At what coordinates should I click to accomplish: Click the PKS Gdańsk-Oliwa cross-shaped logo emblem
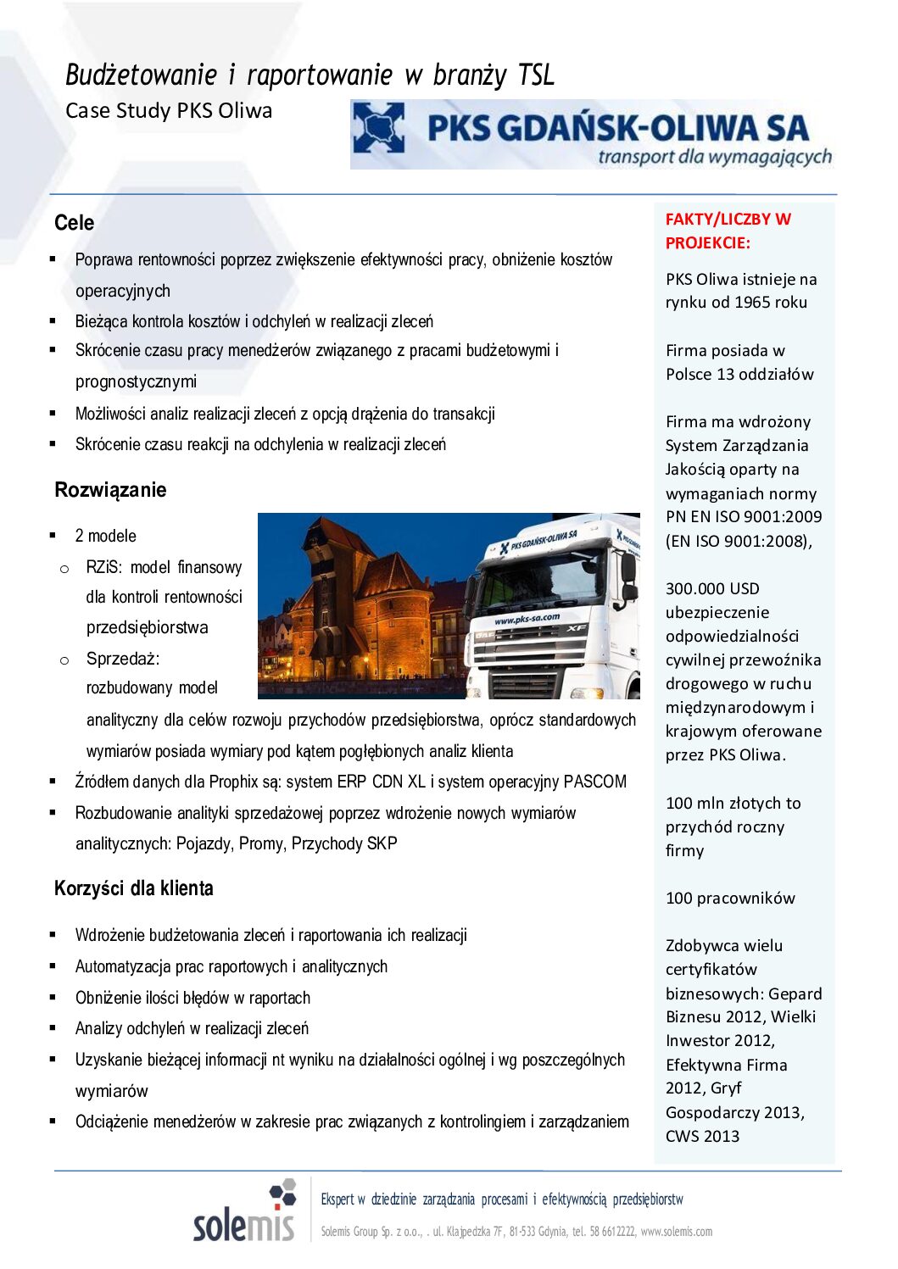(378, 128)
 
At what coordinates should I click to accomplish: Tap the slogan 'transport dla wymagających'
(714, 157)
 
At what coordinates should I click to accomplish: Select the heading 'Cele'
(74, 223)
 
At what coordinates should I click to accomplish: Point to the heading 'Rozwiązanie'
(110, 490)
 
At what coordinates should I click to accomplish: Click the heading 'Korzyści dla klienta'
(133, 888)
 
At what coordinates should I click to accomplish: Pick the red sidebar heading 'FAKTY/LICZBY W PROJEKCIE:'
(728, 231)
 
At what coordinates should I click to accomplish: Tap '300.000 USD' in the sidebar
(712, 588)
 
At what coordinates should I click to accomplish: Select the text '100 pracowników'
(730, 898)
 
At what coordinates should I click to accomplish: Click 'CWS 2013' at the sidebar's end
(702, 1136)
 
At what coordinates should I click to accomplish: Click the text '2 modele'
(105, 536)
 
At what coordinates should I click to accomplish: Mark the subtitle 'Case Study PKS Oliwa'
(169, 111)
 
